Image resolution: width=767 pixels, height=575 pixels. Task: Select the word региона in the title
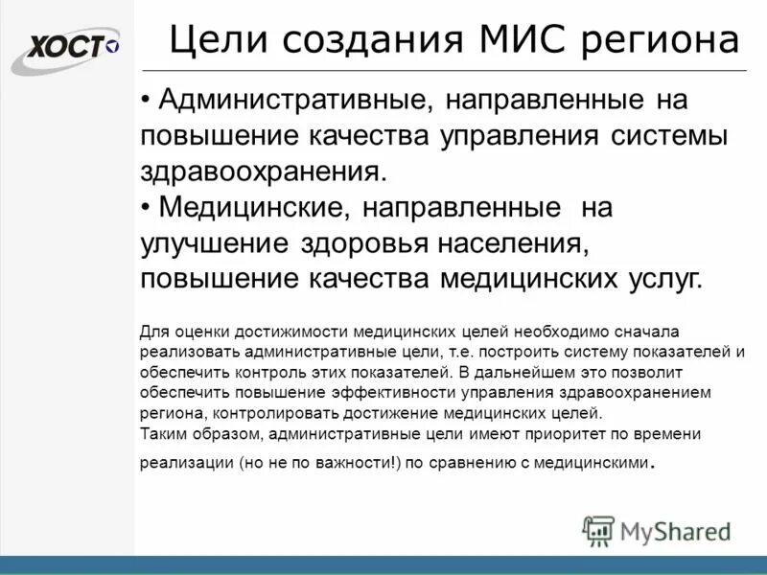(663, 41)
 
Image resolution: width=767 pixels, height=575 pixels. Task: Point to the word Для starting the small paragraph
(152, 331)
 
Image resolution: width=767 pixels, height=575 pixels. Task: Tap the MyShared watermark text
(675, 530)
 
